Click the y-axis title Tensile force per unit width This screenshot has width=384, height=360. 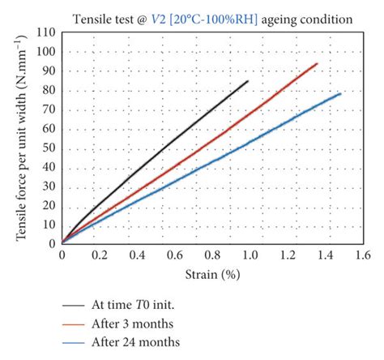[22, 139]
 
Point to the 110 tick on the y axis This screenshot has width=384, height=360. [47, 32]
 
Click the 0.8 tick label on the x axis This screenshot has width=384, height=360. [211, 255]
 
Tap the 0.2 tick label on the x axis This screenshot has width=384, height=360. [100, 255]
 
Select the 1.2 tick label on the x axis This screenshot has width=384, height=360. [286, 255]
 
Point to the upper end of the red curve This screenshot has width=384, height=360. [317, 63]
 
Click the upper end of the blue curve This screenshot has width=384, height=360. [341, 93]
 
